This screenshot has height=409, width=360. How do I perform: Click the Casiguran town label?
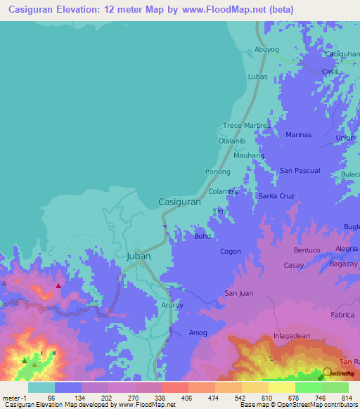click(180, 201)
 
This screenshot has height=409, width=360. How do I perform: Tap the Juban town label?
click(139, 257)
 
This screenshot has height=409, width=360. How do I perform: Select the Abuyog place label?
click(266, 50)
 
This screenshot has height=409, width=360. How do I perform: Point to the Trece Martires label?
click(246, 125)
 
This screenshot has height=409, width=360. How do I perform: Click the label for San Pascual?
click(300, 171)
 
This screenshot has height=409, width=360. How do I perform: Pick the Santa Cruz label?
click(276, 196)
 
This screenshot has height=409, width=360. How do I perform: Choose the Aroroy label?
click(172, 306)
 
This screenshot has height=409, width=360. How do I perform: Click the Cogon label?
click(231, 252)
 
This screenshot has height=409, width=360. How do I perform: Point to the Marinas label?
click(299, 134)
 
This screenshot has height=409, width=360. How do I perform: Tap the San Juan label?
click(238, 292)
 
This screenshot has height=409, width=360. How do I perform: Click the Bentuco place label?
click(307, 250)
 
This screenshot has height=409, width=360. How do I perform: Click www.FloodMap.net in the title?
click(224, 9)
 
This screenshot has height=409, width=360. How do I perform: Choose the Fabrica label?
click(342, 315)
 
